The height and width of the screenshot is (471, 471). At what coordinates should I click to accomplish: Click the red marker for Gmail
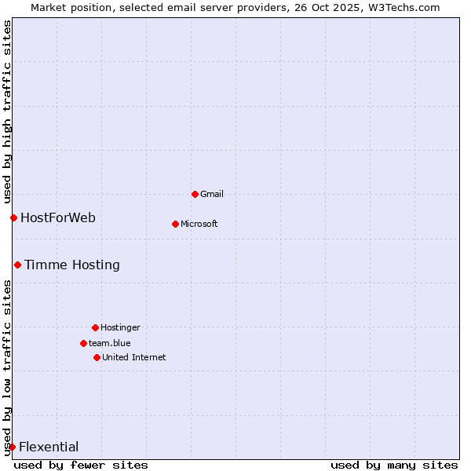195,194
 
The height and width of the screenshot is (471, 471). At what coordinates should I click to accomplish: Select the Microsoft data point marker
175,224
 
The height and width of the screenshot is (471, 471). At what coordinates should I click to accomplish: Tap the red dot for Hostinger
95,327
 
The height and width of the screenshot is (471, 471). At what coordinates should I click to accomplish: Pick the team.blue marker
83,343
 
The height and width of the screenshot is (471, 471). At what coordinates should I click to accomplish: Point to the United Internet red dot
97,357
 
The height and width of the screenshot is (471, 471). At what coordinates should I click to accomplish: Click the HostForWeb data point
13,217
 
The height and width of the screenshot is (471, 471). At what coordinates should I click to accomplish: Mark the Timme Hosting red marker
17,265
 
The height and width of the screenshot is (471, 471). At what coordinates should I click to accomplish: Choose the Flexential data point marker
12,447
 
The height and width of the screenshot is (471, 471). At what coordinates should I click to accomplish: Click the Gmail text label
212,194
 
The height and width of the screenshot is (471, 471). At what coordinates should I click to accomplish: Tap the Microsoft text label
199,224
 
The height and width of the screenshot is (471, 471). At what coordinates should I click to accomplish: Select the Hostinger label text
120,327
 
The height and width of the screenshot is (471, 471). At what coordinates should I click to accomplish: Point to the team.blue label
110,343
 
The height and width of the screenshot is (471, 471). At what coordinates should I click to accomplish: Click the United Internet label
134,357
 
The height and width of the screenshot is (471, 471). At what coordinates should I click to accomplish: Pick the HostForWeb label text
58,217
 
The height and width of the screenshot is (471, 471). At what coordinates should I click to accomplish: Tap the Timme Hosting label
72,265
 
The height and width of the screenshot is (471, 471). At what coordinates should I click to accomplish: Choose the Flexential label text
49,447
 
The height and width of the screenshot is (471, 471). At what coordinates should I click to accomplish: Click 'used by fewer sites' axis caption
81,465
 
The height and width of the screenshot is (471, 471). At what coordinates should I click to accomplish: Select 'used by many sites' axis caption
394,465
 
